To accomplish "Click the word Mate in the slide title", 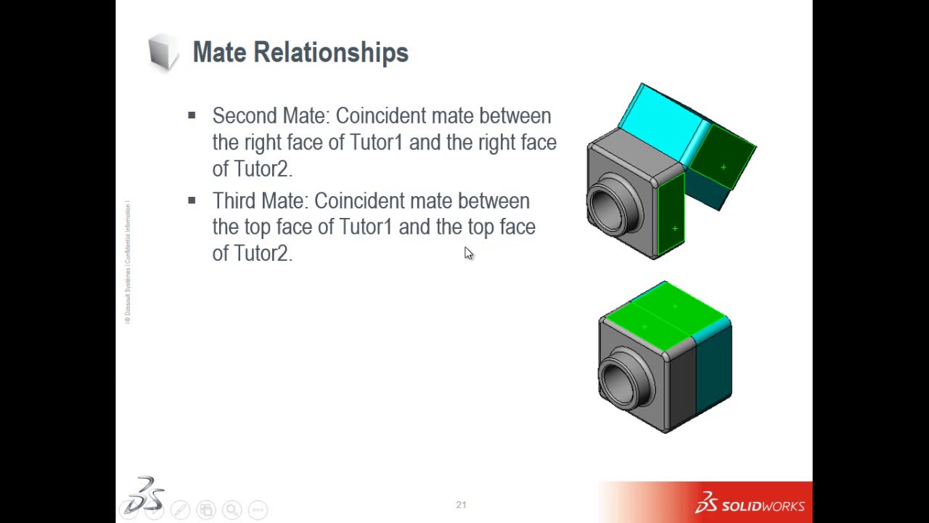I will (x=219, y=52).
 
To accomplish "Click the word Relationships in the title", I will (x=331, y=53).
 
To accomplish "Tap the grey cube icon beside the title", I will (x=163, y=52).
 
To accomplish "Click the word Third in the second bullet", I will (x=234, y=201).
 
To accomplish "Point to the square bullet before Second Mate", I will (x=192, y=115).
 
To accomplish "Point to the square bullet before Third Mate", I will (x=192, y=200).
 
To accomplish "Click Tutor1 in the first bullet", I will (x=376, y=142).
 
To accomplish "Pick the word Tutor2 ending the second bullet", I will (x=261, y=254).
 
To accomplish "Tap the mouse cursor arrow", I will (x=467, y=252).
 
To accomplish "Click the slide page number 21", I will (x=461, y=505).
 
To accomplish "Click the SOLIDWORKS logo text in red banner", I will (x=761, y=506).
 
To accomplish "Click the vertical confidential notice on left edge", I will (x=128, y=261).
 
